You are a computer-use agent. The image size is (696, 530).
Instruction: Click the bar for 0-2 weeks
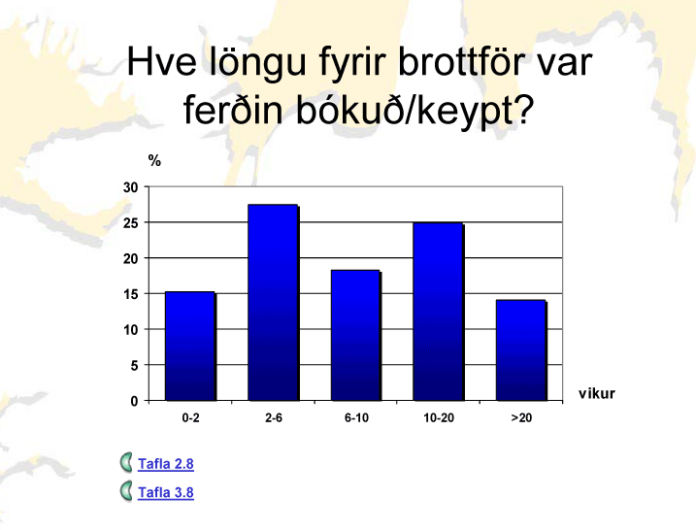click(x=190, y=347)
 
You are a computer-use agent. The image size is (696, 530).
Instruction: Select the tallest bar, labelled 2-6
click(x=274, y=303)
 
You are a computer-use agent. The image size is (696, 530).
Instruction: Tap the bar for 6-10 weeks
click(x=356, y=336)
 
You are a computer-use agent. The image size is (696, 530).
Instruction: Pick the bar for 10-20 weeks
click(x=439, y=312)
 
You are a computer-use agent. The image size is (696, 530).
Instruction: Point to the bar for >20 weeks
click(x=521, y=350)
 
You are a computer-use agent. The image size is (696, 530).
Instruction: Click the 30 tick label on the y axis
click(x=130, y=187)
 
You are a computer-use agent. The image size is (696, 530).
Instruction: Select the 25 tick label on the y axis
click(x=130, y=223)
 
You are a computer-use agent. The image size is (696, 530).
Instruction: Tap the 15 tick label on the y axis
click(x=130, y=294)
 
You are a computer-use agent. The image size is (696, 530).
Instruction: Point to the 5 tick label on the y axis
click(x=134, y=366)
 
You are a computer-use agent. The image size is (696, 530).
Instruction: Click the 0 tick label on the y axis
click(x=134, y=401)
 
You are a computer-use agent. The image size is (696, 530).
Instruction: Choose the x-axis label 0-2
click(x=190, y=418)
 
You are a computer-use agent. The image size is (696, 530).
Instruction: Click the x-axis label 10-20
click(x=439, y=418)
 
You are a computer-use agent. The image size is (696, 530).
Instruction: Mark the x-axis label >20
click(x=521, y=418)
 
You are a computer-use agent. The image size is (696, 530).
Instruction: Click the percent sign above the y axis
click(x=154, y=161)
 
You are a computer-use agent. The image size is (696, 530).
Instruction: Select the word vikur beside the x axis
click(x=597, y=394)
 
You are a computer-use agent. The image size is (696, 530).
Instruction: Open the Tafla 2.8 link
click(x=166, y=464)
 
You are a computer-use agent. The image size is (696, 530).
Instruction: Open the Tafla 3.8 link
click(x=166, y=493)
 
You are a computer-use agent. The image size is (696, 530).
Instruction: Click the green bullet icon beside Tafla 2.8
click(x=126, y=462)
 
